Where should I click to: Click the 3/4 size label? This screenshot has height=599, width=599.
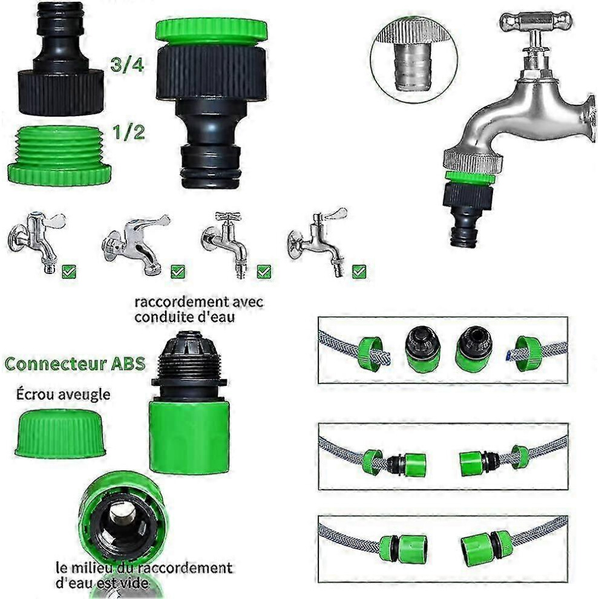point(127,65)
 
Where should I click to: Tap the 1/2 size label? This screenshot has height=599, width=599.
point(128,132)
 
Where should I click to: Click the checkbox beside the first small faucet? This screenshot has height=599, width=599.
point(69,272)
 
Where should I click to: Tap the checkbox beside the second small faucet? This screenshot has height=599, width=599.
point(178,272)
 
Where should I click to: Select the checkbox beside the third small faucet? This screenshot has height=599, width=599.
point(264,272)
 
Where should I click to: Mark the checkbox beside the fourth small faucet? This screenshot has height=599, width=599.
point(359,272)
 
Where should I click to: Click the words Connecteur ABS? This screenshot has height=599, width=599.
point(75,363)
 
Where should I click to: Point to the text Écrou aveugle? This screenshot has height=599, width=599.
point(63,394)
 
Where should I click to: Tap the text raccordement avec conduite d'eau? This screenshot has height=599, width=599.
point(198,309)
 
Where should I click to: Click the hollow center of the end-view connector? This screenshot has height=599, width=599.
point(123,516)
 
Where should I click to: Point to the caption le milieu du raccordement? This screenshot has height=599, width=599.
point(143,568)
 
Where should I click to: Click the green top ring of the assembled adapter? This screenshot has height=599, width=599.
point(212,30)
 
